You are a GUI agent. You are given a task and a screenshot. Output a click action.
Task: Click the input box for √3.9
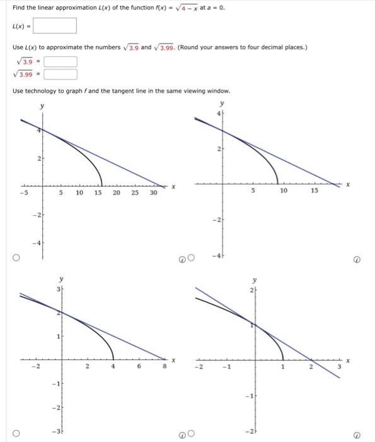click(60, 62)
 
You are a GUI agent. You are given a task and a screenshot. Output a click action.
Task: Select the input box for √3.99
click(60, 75)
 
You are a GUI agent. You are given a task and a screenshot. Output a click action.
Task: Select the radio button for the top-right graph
click(191, 258)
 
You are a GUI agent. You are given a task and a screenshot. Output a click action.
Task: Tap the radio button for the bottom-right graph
click(191, 434)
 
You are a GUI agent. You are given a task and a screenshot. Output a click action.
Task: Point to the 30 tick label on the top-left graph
click(153, 193)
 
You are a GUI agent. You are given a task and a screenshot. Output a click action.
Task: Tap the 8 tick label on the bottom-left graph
click(162, 366)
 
